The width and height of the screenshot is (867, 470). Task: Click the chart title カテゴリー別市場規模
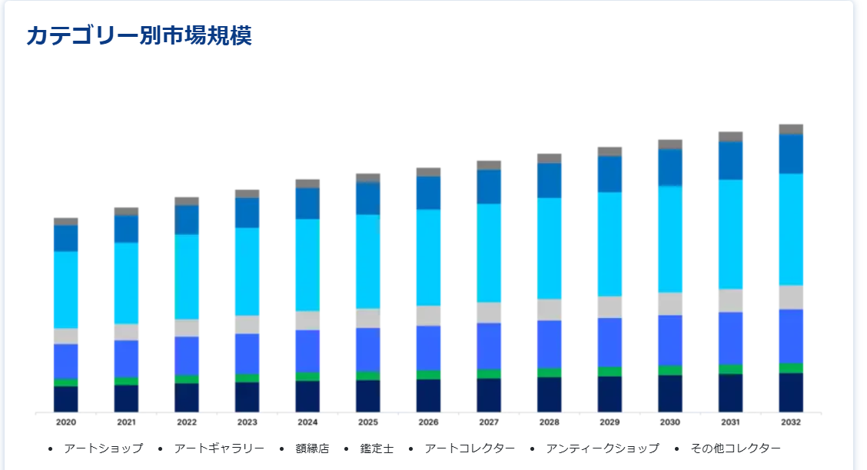[139, 35]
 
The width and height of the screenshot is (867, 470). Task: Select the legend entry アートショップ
[103, 448]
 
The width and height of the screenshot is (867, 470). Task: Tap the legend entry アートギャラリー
[219, 448]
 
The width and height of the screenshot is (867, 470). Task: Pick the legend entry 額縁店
[311, 448]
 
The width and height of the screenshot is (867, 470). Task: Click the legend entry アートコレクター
[469, 448]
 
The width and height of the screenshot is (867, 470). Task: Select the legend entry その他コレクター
[735, 448]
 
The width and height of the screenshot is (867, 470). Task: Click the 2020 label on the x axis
[66, 422]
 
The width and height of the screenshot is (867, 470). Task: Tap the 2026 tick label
[428, 422]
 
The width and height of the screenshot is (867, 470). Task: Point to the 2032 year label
[791, 422]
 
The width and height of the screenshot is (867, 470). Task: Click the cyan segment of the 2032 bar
[791, 229]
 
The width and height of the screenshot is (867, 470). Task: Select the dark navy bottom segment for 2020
[66, 399]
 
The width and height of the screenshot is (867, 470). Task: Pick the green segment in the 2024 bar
[307, 376]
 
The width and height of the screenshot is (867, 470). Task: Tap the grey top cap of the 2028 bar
[549, 158]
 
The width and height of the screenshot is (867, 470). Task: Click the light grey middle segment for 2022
[187, 328]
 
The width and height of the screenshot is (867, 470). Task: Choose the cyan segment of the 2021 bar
[127, 283]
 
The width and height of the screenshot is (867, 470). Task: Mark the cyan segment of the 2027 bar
[489, 253]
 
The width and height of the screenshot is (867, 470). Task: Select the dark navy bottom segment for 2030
[669, 393]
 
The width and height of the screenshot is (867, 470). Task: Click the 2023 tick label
[247, 422]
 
